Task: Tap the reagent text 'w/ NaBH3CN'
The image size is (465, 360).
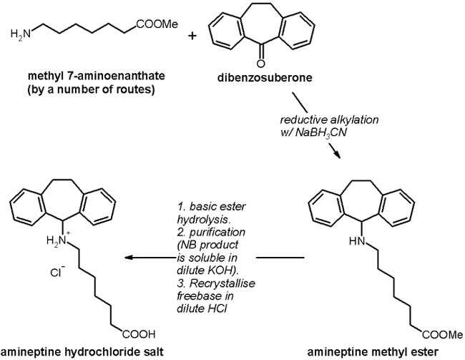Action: [x=308, y=130]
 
